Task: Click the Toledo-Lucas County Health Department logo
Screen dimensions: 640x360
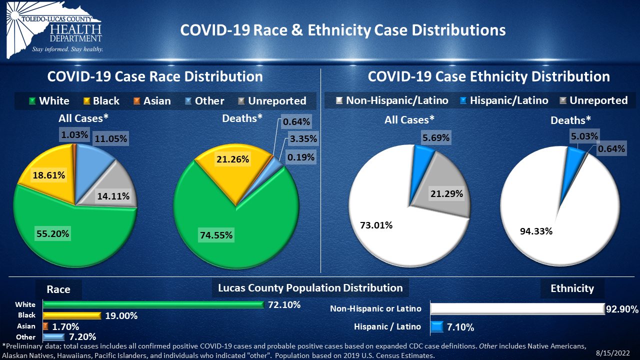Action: [54, 30]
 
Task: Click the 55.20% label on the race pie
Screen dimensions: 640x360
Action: [53, 233]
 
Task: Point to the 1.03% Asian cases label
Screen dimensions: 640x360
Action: [74, 134]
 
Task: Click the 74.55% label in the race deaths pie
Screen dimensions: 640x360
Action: [216, 235]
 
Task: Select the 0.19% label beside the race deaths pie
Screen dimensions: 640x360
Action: [301, 157]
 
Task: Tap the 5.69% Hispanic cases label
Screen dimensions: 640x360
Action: [436, 137]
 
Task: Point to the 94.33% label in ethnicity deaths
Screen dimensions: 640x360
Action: [536, 231]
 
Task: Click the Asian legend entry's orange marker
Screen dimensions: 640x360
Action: [137, 101]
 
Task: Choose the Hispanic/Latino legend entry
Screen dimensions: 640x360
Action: [504, 100]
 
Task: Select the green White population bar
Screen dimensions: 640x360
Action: [153, 305]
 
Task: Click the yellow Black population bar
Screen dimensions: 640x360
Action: [72, 315]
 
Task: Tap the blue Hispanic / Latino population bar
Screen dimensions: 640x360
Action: [437, 327]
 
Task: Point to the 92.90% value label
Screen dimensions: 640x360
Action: [622, 309]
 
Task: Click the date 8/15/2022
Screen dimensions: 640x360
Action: [613, 353]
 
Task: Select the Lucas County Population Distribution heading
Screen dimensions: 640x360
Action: [310, 288]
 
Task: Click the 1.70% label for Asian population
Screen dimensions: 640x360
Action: [65, 326]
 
